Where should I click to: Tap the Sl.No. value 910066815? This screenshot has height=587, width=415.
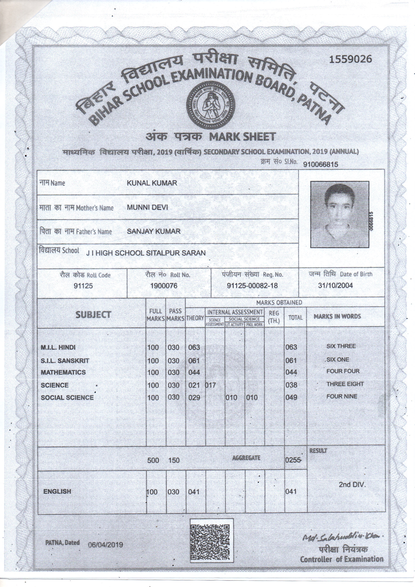tap(320, 164)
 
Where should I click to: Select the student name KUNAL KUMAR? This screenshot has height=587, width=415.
tap(152, 183)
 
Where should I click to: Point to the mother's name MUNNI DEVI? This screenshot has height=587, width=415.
tap(148, 207)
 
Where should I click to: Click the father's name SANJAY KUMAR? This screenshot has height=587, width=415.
tap(154, 231)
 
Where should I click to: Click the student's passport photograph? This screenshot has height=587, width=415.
tap(340, 214)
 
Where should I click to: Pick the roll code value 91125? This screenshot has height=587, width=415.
tap(83, 286)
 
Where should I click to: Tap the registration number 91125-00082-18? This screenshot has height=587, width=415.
tap(252, 285)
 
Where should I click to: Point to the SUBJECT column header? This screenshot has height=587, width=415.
tap(93, 315)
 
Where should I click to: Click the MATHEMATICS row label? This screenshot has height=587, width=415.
tap(63, 372)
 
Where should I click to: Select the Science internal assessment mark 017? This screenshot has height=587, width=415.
tap(211, 385)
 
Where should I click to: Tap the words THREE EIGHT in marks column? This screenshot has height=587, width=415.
tap(345, 384)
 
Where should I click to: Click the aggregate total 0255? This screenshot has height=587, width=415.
tap(293, 460)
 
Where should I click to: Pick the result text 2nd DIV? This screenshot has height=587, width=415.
tap(352, 485)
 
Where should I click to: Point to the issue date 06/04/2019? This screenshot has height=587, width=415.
tap(105, 545)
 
